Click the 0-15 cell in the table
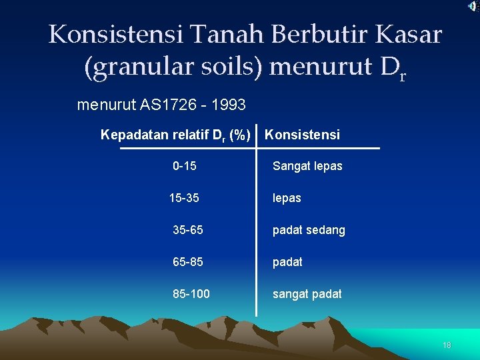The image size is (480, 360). pyautogui.click(x=184, y=166)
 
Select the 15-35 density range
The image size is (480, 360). pyautogui.click(x=184, y=198)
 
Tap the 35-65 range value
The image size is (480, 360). pyautogui.click(x=188, y=230)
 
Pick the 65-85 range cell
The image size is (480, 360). pyautogui.click(x=188, y=262)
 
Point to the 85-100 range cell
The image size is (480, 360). pyautogui.click(x=191, y=294)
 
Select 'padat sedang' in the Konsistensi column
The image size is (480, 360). pyautogui.click(x=309, y=230)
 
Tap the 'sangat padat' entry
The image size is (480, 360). pyautogui.click(x=307, y=294)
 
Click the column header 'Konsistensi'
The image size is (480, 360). pyautogui.click(x=302, y=135)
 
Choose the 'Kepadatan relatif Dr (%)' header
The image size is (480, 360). pyautogui.click(x=175, y=135)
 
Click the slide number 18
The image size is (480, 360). pyautogui.click(x=447, y=345)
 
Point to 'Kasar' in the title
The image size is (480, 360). pyautogui.click(x=409, y=35)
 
